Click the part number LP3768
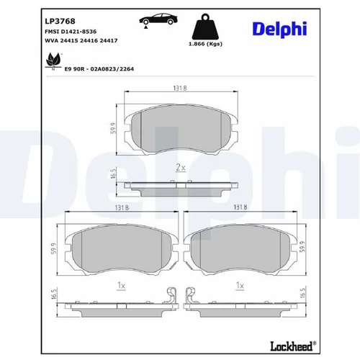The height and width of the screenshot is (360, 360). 60,22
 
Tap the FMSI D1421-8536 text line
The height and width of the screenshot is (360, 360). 71,32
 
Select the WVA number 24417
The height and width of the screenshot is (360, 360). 109,40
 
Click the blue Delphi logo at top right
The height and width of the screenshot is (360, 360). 279,29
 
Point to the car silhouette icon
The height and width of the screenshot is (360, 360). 158,19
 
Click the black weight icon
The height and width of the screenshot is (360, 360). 205,27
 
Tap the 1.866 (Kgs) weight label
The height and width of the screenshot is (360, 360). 205,44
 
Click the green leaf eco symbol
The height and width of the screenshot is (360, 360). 53,60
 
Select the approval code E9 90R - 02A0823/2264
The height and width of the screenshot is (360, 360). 99,69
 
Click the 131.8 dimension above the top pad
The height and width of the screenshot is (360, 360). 180,88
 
